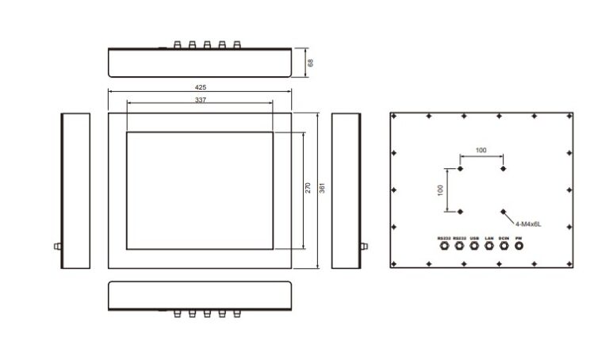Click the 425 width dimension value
point(200,86)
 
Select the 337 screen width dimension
point(200,100)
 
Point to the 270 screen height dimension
point(308,188)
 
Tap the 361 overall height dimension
point(322,188)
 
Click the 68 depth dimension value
point(311,62)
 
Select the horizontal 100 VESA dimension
point(481,150)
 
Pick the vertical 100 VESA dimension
point(441,191)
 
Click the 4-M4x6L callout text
point(528,225)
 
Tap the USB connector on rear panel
point(474,246)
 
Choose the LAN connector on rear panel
point(489,246)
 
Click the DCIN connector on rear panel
point(504,246)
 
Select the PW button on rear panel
point(519,246)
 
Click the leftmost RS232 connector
point(443,246)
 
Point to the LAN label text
point(489,237)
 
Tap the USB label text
point(474,237)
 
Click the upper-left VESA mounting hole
point(460,168)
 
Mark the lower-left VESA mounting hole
point(460,211)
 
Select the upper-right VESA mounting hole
point(503,168)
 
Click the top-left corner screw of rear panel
point(394,117)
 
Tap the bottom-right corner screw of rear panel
point(569,262)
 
